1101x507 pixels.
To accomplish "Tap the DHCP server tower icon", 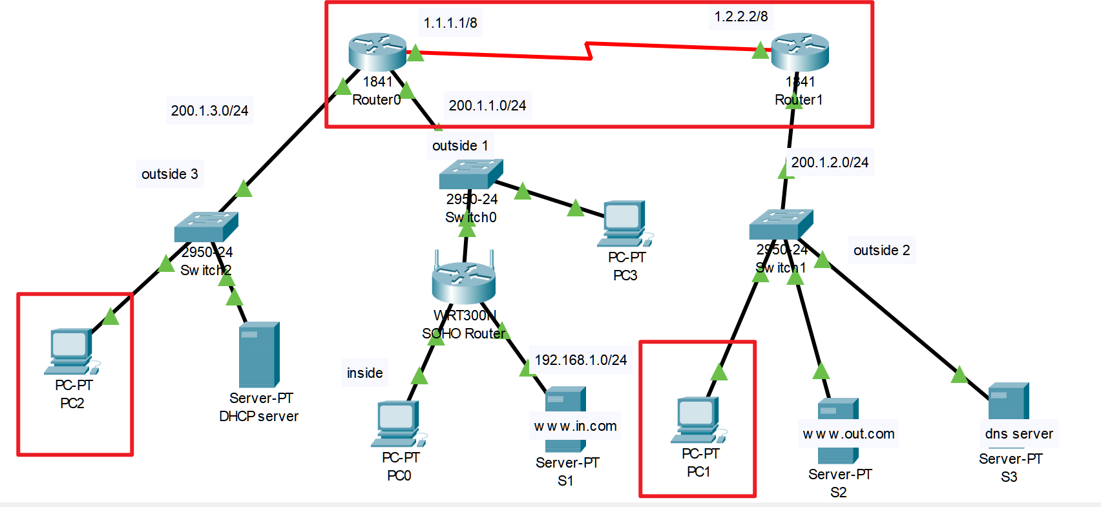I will (259, 355).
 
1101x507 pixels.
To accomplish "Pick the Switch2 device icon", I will (206, 227).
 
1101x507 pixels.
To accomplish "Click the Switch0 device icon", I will (471, 174).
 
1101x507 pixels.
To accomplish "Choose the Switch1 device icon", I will (781, 224).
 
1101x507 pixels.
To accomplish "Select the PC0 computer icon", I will (398, 424).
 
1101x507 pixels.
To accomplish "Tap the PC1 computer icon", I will (698, 420).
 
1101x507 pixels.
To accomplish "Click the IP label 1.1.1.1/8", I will (450, 23).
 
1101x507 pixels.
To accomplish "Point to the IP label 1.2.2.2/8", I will (741, 17).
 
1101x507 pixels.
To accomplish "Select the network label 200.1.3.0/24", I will (209, 110).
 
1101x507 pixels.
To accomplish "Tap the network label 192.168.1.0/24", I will (581, 360).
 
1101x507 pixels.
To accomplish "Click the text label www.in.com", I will (575, 426).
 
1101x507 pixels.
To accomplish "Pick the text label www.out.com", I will (848, 434).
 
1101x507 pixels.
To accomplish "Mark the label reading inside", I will (364, 373).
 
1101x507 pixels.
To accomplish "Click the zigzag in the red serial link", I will (589, 51).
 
